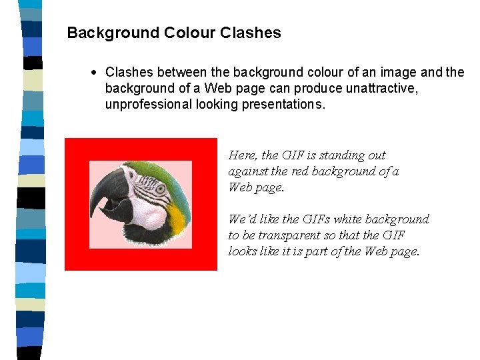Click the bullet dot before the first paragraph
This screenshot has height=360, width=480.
click(97, 71)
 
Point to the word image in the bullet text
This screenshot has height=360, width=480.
click(405, 71)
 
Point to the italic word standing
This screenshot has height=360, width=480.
click(341, 155)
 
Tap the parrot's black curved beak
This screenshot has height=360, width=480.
click(107, 193)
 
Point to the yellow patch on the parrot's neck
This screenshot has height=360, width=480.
click(177, 215)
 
